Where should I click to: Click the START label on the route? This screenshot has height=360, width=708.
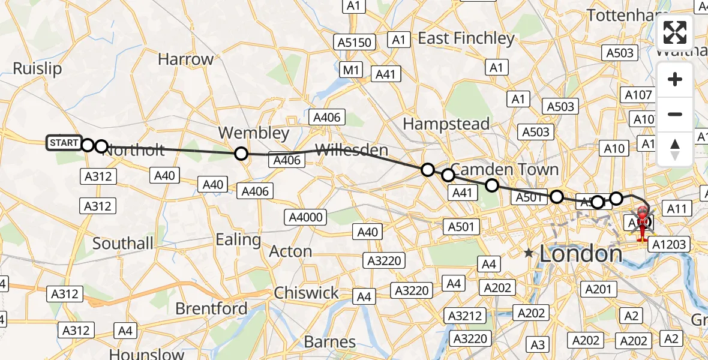[x=64, y=143]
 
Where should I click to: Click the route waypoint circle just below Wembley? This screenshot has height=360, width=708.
[x=241, y=154]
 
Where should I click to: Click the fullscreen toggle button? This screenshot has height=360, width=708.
[x=675, y=33]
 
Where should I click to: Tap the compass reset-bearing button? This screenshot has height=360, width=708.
[x=675, y=149]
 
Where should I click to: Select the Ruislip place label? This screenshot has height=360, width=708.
[x=37, y=68]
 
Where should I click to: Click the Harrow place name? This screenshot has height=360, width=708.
[x=185, y=59]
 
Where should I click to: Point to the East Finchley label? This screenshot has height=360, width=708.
[x=466, y=38]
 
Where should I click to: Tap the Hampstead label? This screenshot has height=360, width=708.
[x=446, y=124]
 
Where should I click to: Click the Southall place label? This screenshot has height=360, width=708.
[x=123, y=244]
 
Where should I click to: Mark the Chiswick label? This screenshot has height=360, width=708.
[x=306, y=293]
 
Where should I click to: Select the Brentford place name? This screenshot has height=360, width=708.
[x=211, y=308]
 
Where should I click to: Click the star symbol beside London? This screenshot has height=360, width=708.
[x=528, y=253]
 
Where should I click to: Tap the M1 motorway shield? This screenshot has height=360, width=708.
[x=351, y=70]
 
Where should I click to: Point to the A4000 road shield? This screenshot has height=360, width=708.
[x=306, y=217]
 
